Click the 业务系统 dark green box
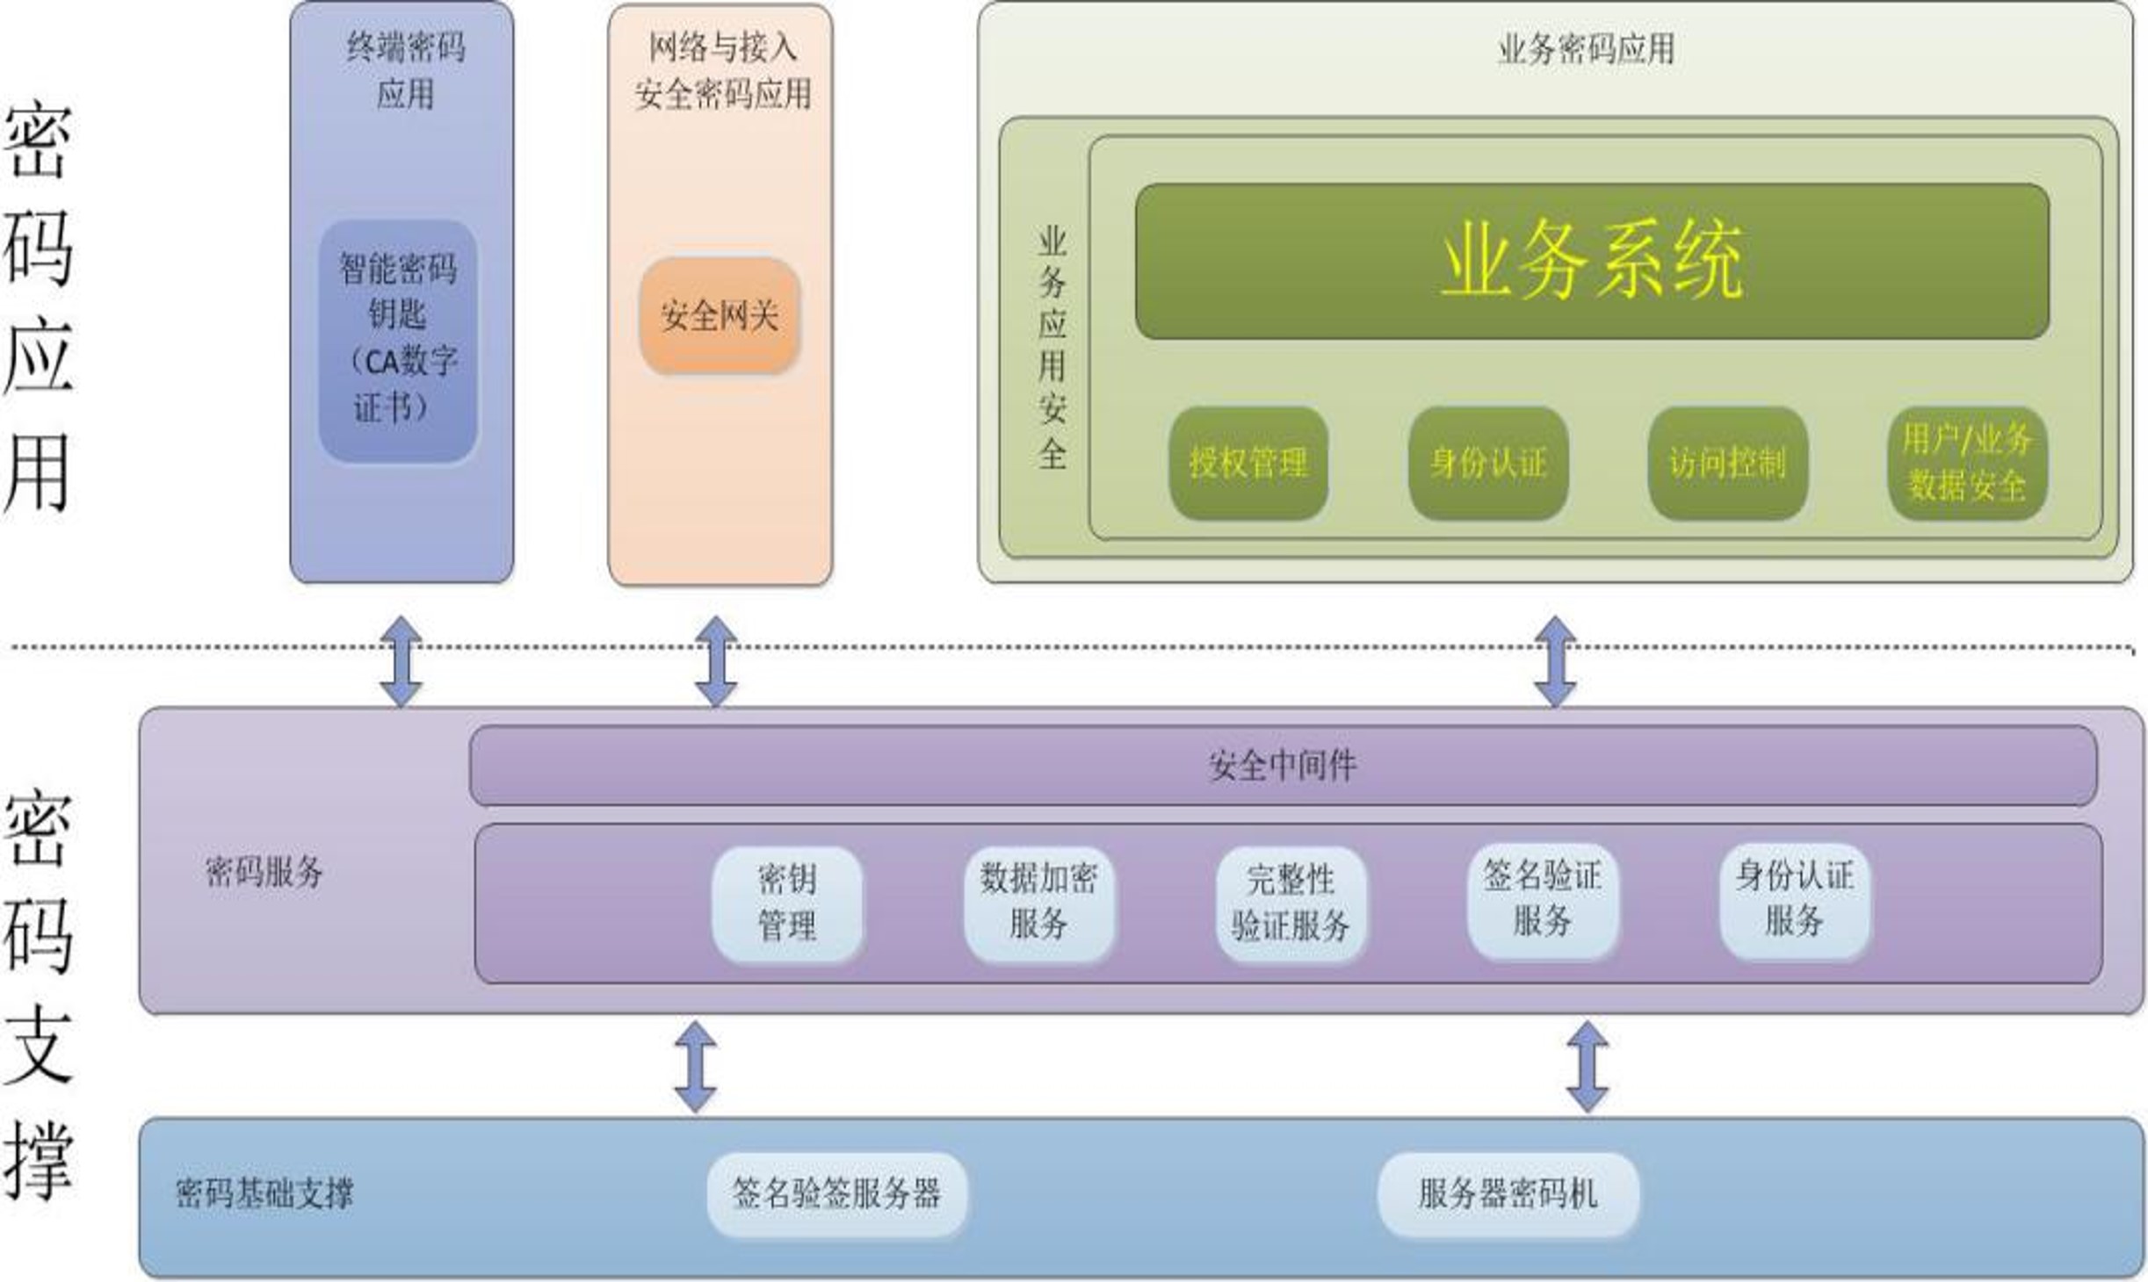tap(1591, 261)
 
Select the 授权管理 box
tap(1248, 463)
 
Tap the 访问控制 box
tap(1727, 463)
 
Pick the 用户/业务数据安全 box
tap(1967, 463)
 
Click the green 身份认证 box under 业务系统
tap(1487, 463)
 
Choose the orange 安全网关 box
tap(720, 316)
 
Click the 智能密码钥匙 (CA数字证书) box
tap(398, 341)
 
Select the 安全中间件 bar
tap(1283, 766)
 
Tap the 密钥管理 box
tap(787, 903)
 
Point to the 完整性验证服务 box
tap(1291, 903)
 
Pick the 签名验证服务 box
tap(1542, 899)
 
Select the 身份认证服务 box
tap(1794, 899)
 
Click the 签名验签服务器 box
tap(836, 1193)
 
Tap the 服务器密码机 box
tap(1508, 1193)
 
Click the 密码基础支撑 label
tap(264, 1193)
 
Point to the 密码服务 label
tap(264, 872)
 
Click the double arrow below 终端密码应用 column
tap(401, 661)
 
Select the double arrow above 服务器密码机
tap(1587, 1066)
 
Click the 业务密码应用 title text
tap(1586, 49)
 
